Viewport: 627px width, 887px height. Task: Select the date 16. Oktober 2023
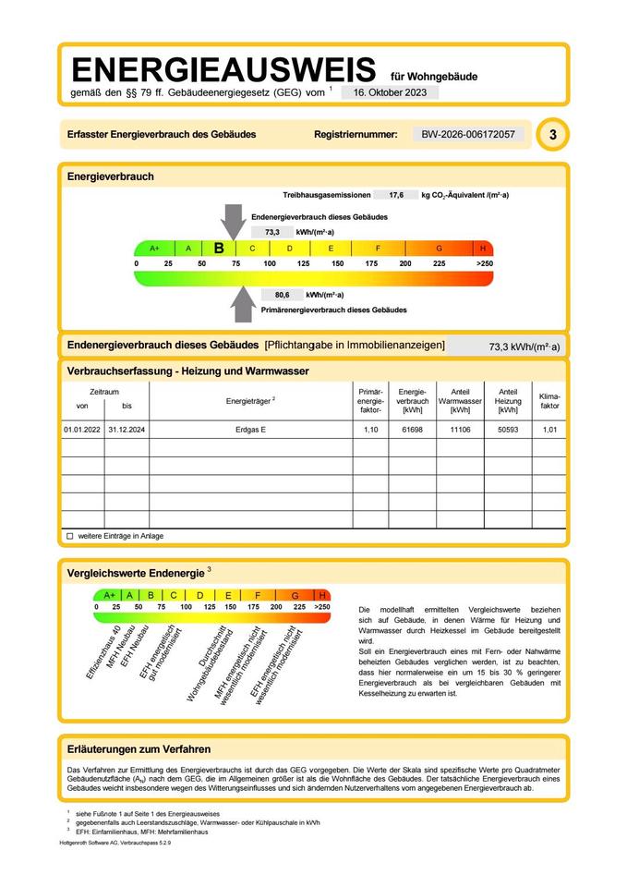point(390,92)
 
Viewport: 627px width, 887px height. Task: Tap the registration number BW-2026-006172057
point(467,135)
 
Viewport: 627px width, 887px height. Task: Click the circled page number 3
point(552,135)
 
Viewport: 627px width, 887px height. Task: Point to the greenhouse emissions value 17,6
point(396,196)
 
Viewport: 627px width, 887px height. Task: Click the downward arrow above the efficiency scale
point(232,223)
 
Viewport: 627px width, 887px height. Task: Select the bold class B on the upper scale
point(219,248)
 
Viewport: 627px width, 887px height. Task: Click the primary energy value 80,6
point(283,295)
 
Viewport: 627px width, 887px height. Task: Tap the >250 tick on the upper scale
point(484,263)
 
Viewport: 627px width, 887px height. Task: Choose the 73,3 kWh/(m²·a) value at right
point(524,347)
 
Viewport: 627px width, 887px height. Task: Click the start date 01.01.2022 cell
point(81,430)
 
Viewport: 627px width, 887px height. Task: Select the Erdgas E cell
point(250,430)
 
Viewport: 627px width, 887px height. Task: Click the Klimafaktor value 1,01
point(549,430)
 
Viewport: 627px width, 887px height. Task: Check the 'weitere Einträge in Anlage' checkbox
point(69,536)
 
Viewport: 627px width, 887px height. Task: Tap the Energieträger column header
point(250,401)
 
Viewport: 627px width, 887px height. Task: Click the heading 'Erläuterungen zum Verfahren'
point(139,748)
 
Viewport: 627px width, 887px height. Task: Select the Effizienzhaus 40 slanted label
point(104,652)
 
